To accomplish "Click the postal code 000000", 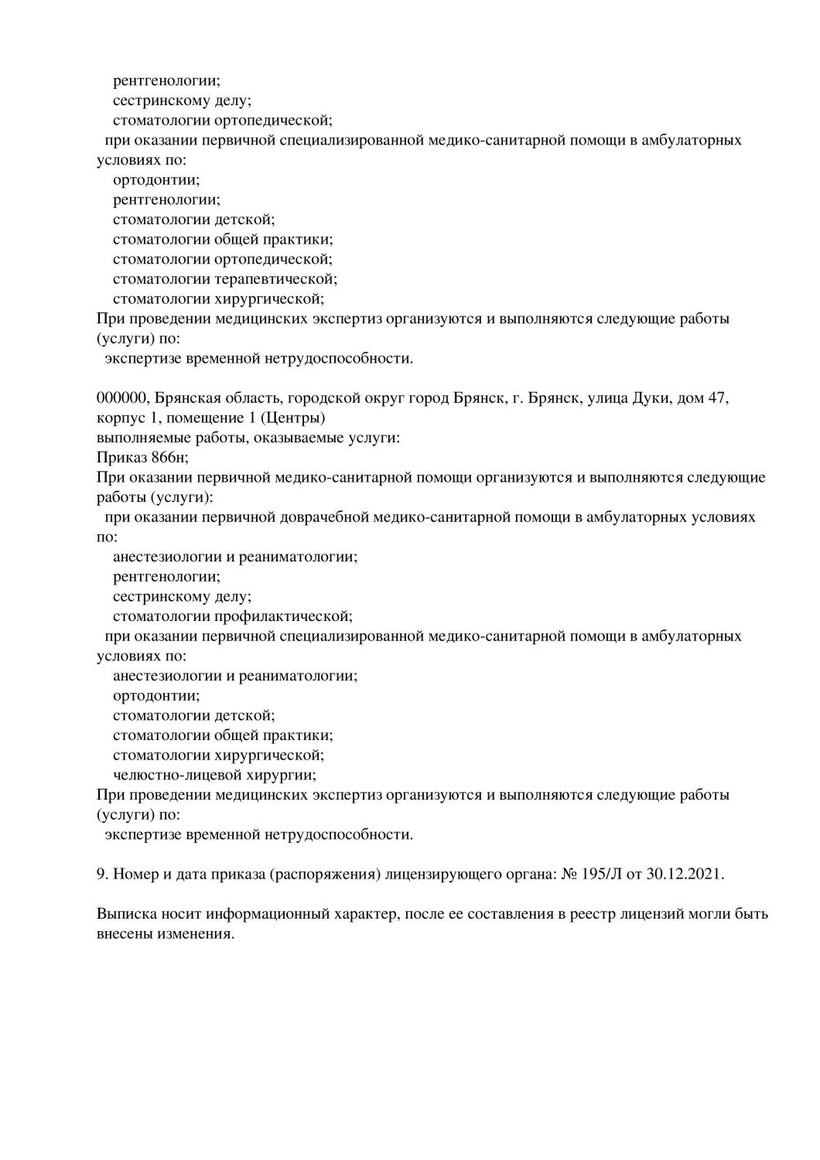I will [121, 398].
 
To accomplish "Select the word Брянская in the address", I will [185, 398].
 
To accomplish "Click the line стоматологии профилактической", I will [232, 616].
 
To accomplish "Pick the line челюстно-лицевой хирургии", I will [215, 775].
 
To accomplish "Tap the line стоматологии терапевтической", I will [225, 278].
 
